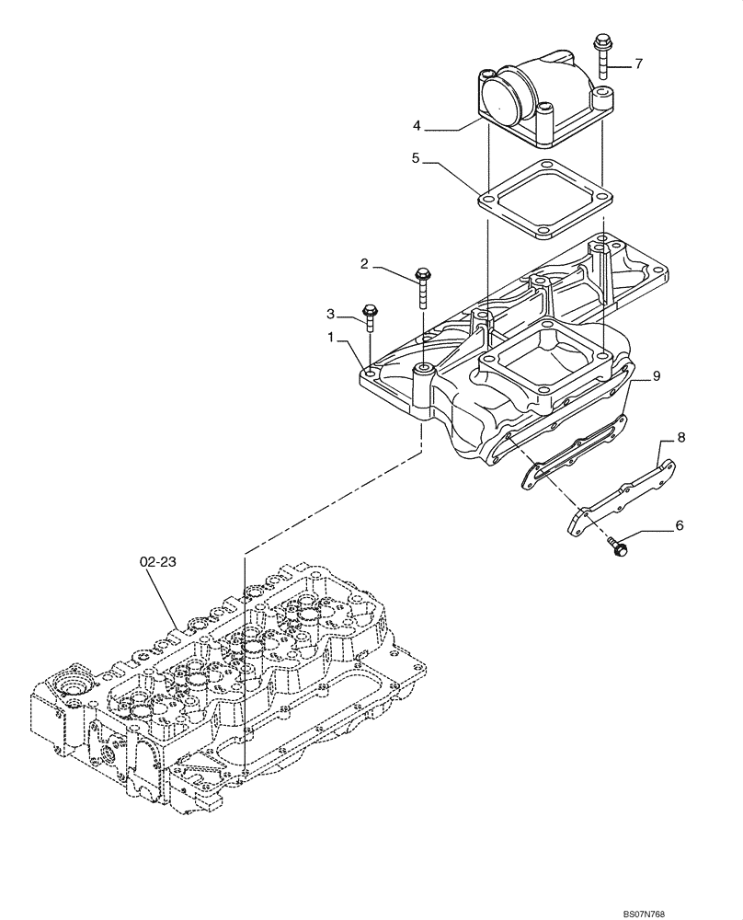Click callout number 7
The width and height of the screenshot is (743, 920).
click(638, 64)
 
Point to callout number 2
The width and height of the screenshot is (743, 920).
click(365, 264)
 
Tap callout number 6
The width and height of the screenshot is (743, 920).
click(680, 525)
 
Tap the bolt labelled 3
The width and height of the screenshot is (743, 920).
click(370, 318)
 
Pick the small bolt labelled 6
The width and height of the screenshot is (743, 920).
click(617, 546)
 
